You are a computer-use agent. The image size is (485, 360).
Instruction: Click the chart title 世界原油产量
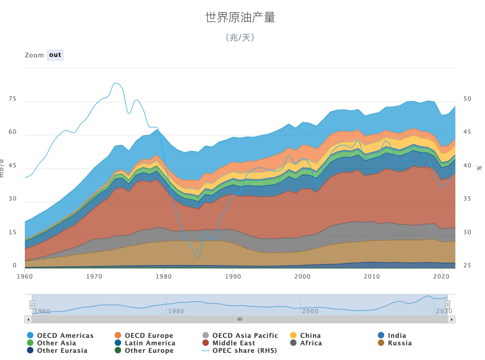click(x=240, y=18)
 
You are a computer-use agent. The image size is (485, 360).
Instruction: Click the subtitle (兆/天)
click(x=240, y=37)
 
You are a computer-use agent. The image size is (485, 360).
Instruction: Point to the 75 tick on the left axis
click(x=12, y=99)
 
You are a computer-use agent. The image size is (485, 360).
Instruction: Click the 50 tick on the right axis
click(x=467, y=99)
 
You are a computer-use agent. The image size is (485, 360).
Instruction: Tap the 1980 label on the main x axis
click(x=163, y=276)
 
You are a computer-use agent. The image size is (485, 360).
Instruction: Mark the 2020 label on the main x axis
click(x=441, y=276)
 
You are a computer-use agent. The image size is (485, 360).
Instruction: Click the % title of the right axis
click(x=480, y=168)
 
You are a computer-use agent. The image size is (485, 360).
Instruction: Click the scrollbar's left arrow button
click(x=28, y=319)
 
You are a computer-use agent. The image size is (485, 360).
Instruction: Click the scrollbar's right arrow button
click(x=451, y=319)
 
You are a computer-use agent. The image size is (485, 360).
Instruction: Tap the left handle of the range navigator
click(x=32, y=305)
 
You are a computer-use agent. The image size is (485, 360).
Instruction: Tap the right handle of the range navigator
click(x=448, y=305)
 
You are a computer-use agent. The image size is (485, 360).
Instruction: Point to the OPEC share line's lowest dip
click(x=198, y=257)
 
